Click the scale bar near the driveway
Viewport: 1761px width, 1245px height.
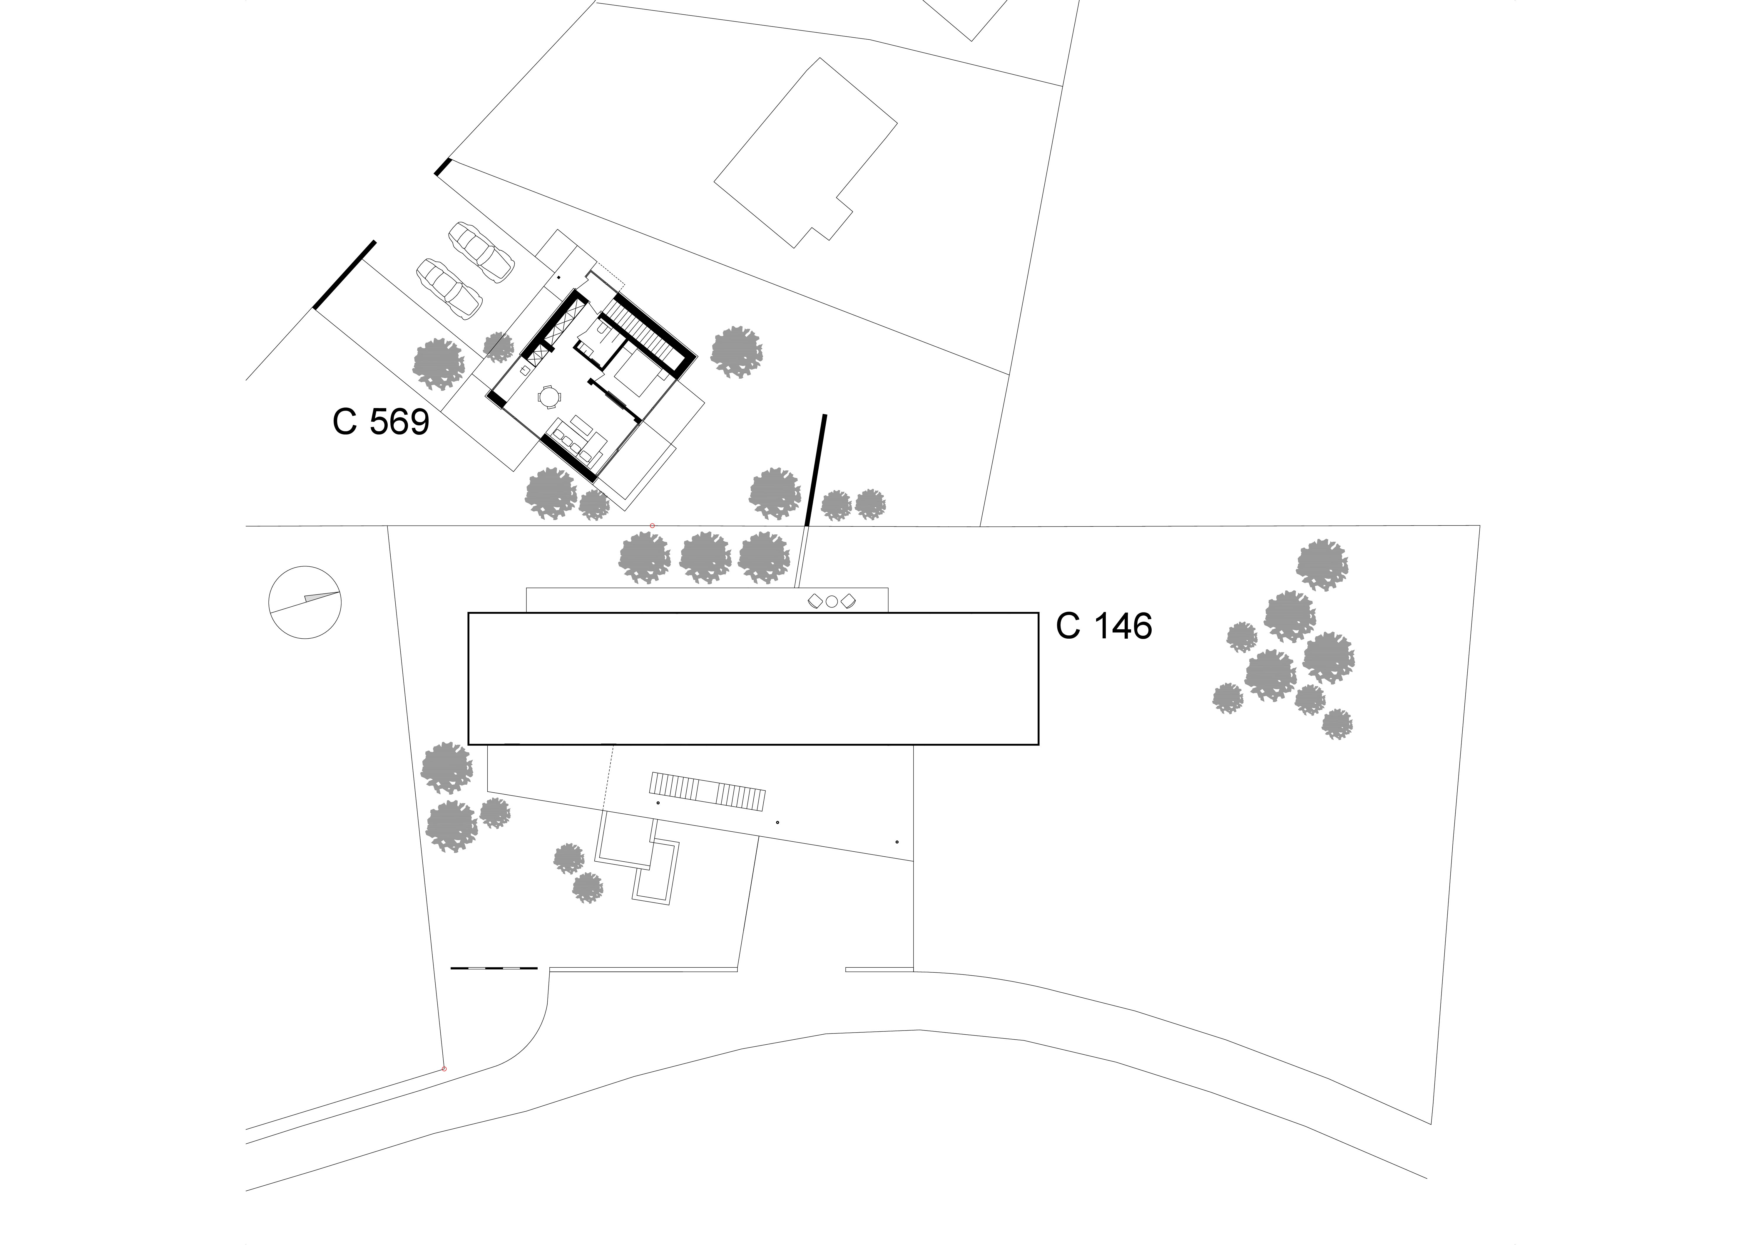(x=493, y=968)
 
